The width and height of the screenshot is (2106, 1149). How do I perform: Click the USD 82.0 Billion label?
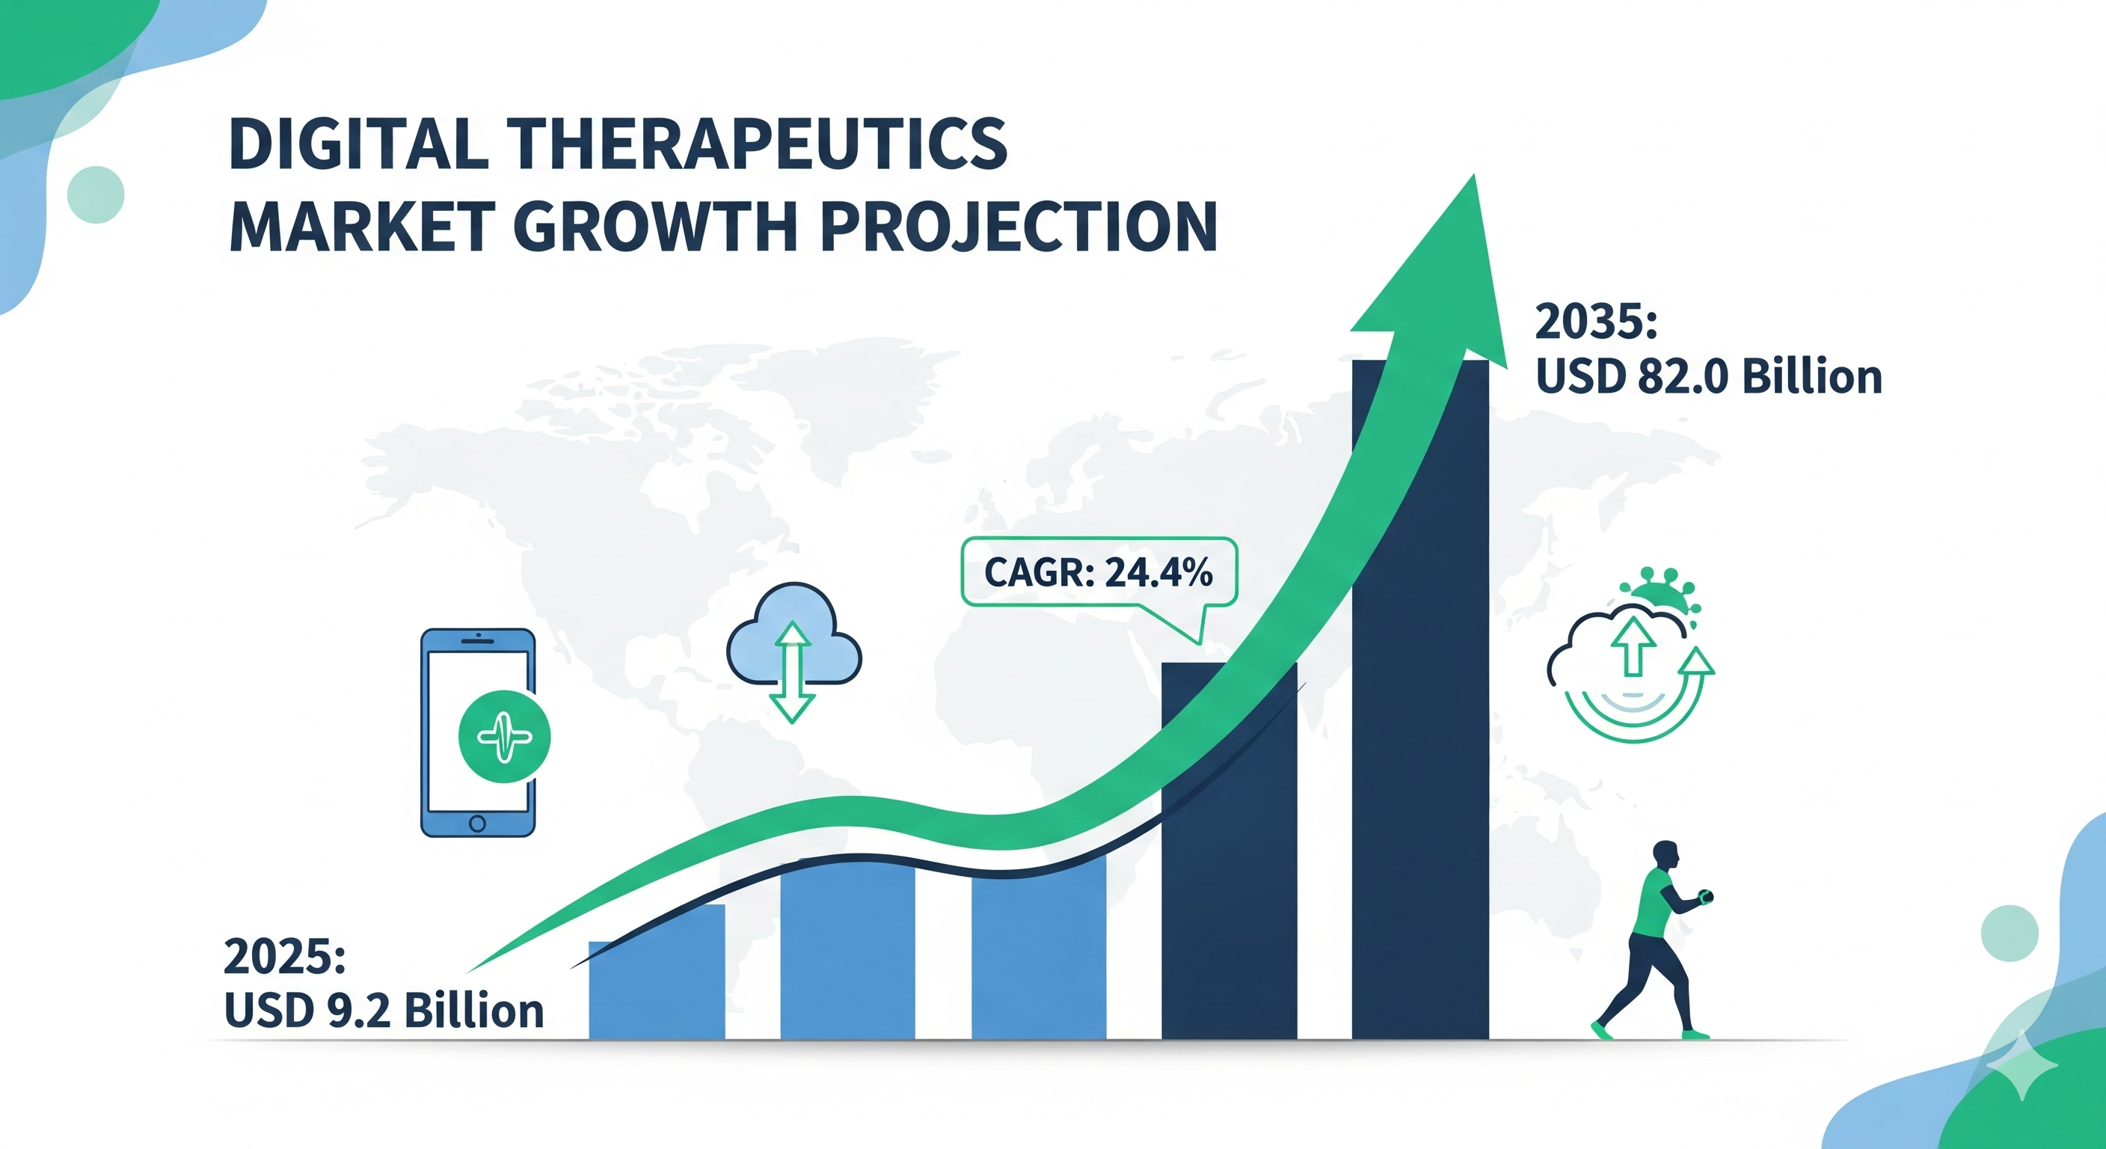coord(1709,377)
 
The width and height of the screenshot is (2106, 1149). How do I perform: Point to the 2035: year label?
coord(1596,322)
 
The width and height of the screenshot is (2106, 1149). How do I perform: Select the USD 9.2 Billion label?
coord(384,1011)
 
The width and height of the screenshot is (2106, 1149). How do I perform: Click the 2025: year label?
coord(284,956)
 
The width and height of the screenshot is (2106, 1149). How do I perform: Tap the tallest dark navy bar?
coord(1420,699)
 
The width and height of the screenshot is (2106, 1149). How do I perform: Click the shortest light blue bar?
coord(657,973)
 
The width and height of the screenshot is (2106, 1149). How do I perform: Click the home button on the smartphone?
coord(477,824)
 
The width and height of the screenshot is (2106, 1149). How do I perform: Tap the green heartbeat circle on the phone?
coord(504,737)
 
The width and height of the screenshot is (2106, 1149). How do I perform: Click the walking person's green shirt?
coord(1653,903)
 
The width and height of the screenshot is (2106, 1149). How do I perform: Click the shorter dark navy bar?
coord(1229,851)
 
